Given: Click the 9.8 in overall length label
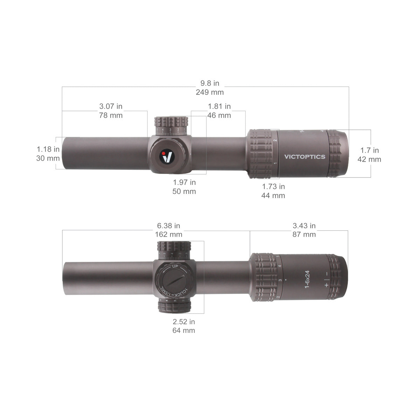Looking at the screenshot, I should [210, 83].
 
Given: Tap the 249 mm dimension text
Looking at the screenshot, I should [210, 92].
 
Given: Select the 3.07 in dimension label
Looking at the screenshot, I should [111, 106].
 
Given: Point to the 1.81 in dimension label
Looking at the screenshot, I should [219, 106].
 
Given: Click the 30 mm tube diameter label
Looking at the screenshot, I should [48, 158].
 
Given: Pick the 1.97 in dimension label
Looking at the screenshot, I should [184, 182].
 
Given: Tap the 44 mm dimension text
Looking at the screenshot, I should [273, 196].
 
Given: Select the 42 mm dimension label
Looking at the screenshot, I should [369, 159].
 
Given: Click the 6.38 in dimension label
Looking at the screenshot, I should [168, 226].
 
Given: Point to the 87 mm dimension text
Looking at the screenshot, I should [304, 234].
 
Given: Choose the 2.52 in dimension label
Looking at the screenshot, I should [184, 322].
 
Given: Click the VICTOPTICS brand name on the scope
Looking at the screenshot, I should [304, 157].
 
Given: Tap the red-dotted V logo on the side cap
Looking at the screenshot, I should [168, 156].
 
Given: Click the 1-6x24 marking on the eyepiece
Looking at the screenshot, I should [307, 279].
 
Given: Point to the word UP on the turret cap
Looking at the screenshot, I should [175, 267].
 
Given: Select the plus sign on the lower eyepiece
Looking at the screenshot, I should [327, 285].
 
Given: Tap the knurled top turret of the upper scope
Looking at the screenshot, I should [171, 123].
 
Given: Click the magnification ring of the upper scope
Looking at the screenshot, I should [261, 154].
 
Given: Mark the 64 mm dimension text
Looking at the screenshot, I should [184, 330].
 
